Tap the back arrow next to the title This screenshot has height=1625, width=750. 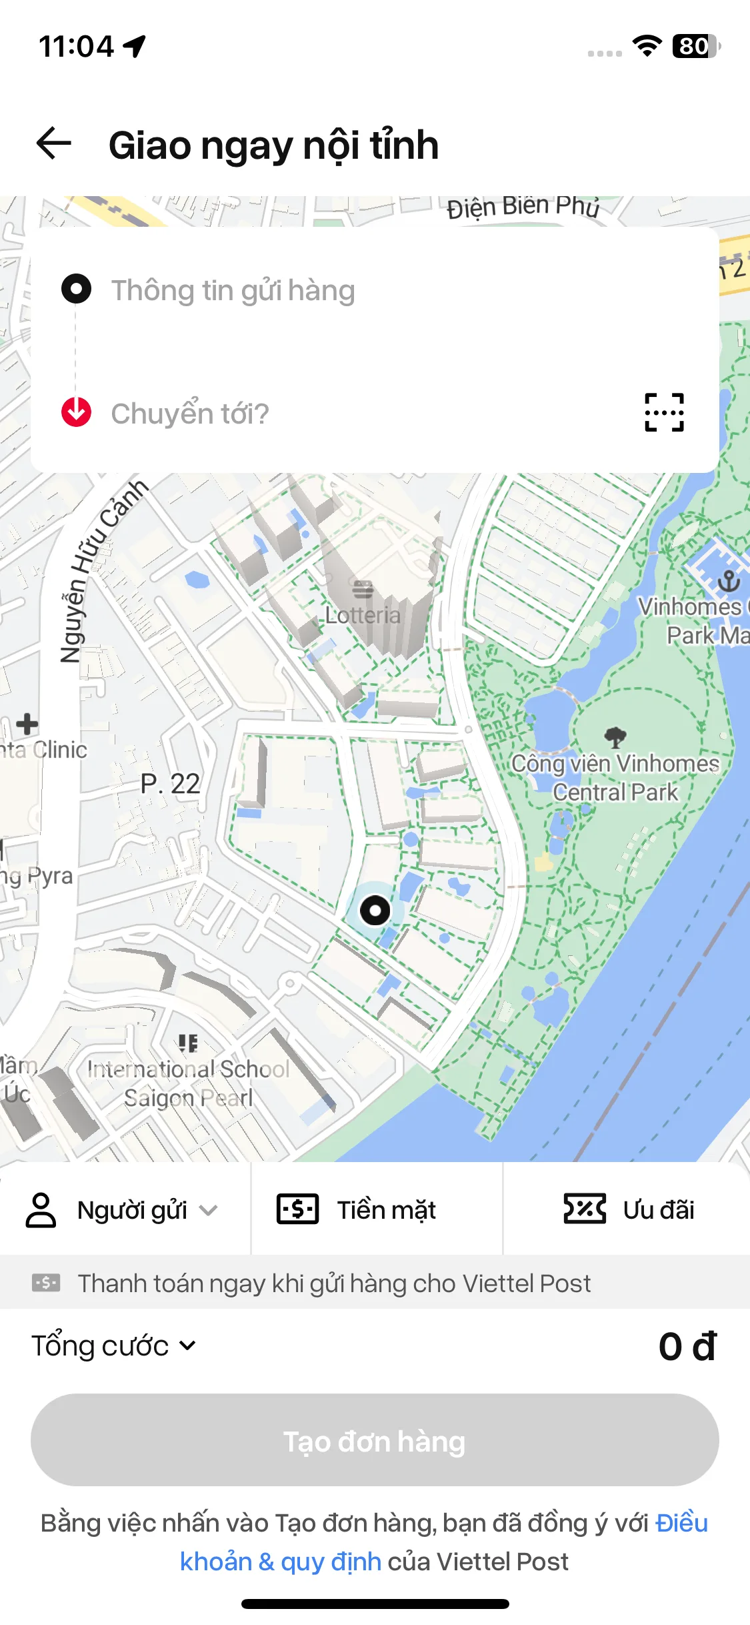(x=54, y=143)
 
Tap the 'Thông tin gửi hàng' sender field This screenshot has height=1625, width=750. (x=233, y=290)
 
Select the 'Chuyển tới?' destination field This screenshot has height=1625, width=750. (x=190, y=414)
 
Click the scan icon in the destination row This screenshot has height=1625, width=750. (x=664, y=412)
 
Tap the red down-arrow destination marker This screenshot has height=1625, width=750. (x=76, y=412)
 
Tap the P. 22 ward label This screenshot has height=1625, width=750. (x=170, y=784)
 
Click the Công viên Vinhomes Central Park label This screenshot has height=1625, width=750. (x=615, y=778)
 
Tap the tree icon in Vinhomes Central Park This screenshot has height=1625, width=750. (x=615, y=736)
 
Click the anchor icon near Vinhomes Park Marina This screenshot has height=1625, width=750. (x=729, y=581)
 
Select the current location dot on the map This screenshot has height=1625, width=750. (x=375, y=910)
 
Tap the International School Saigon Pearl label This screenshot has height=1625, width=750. (x=189, y=1083)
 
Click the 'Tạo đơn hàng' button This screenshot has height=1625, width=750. (x=375, y=1440)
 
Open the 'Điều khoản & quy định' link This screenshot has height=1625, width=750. (x=280, y=1562)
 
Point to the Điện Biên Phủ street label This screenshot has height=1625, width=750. (x=523, y=207)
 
